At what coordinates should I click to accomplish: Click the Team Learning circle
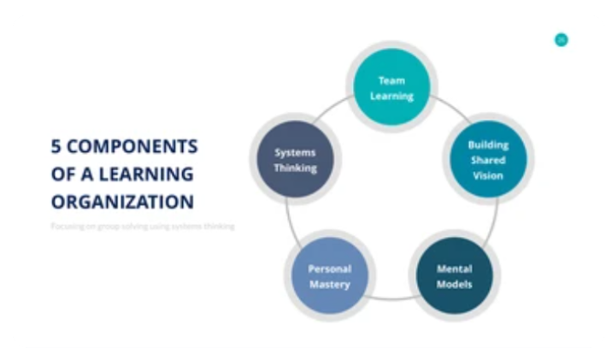click(x=391, y=87)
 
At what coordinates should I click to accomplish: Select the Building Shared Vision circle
click(x=486, y=160)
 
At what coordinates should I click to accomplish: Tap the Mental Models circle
click(x=454, y=276)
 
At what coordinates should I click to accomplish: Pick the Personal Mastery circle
click(x=329, y=276)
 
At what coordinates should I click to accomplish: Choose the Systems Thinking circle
click(x=295, y=160)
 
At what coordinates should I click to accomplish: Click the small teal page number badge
click(x=561, y=39)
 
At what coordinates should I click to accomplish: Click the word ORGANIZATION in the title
click(x=122, y=202)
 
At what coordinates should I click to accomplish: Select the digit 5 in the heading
click(x=56, y=146)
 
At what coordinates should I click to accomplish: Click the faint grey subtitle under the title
click(x=142, y=226)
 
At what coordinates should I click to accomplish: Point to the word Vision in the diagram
click(x=487, y=175)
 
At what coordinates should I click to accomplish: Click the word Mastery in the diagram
click(x=329, y=284)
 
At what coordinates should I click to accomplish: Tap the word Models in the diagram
click(x=454, y=284)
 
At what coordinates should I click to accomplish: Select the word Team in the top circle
click(x=391, y=80)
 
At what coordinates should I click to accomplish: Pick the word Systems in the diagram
click(x=295, y=152)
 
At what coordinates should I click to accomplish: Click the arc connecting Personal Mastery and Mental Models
click(x=391, y=298)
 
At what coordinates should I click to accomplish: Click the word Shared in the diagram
click(x=487, y=160)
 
